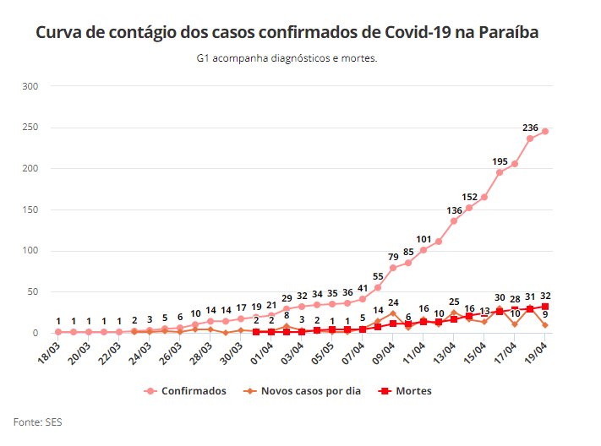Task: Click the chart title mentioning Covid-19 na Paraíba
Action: click(x=287, y=33)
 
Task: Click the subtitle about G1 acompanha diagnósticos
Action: click(x=286, y=59)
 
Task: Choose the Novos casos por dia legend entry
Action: click(x=302, y=391)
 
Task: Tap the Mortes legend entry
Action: click(x=406, y=391)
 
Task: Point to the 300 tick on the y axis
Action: click(x=30, y=86)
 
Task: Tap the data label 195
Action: click(x=500, y=160)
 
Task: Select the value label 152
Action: click(x=469, y=196)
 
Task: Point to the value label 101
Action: click(x=423, y=238)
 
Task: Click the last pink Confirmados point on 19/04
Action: click(x=545, y=131)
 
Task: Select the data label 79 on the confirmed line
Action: click(x=393, y=257)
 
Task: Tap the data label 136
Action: click(x=454, y=209)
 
